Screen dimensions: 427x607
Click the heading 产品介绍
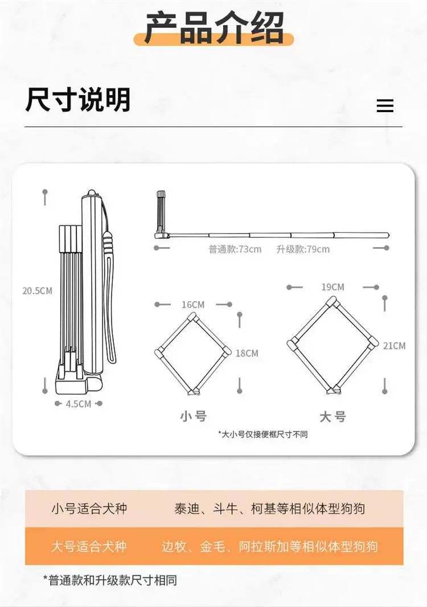coord(214,28)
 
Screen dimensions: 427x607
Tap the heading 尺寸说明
coord(78,100)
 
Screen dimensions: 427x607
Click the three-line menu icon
coord(385,106)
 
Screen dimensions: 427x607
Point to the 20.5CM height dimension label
coord(37,291)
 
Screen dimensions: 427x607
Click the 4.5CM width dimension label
coord(78,404)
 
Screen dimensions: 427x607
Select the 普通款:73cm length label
coord(235,249)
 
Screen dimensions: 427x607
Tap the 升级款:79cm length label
coord(303,249)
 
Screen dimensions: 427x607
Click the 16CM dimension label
coord(193,305)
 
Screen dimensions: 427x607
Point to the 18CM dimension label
coord(247,353)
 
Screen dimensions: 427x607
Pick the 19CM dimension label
coord(332,287)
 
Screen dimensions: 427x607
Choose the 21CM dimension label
coord(394,346)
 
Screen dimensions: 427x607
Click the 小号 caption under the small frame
coord(194,417)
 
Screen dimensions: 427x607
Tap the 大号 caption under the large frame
coord(332,417)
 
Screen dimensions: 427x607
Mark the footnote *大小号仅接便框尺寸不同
coord(263,434)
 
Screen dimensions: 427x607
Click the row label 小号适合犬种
coord(89,508)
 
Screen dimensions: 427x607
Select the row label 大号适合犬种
coord(89,546)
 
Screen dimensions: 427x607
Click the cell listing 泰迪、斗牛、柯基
coord(269,508)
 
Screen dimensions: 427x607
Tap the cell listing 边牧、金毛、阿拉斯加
coord(269,546)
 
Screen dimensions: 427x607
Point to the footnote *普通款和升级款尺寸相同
coord(110,580)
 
